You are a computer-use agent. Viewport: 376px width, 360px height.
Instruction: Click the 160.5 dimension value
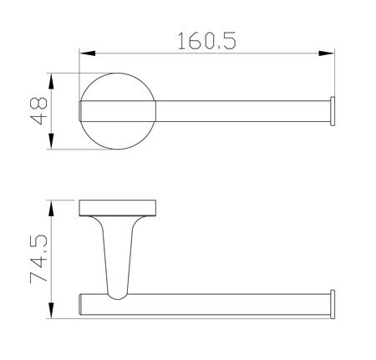coord(206,39)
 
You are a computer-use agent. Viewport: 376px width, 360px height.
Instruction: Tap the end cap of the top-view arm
coord(333,112)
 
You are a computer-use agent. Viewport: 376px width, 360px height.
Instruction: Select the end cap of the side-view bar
coord(333,303)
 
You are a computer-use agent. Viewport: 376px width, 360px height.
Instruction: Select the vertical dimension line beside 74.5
coord(52,259)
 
